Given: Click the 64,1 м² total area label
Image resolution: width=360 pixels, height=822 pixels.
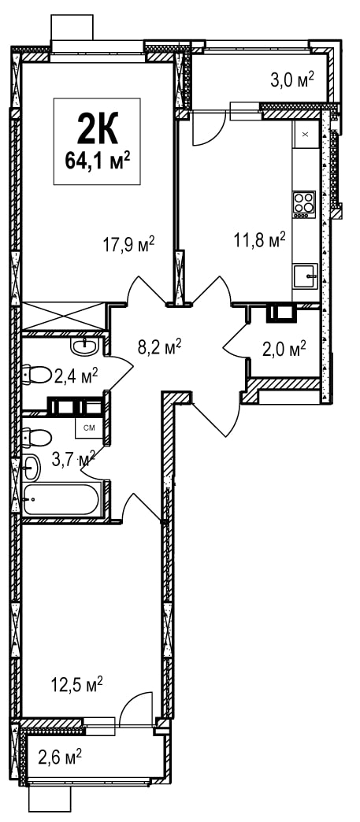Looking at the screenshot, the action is point(98,159).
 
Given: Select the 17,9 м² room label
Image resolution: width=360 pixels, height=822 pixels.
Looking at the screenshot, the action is point(129,243).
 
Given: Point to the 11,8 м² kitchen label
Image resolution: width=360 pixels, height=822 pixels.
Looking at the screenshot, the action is point(260,240).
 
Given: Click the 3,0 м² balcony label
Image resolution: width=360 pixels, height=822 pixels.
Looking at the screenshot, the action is point(292,81).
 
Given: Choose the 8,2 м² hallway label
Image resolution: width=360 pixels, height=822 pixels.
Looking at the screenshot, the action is point(160,346).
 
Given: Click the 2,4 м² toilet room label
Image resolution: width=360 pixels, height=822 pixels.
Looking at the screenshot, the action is point(76,376).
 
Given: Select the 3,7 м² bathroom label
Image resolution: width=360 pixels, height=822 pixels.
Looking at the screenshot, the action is point(73,460).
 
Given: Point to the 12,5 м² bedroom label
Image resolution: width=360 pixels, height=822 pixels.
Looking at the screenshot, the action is point(76,684).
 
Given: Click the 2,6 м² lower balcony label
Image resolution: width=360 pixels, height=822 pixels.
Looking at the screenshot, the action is point(60,757).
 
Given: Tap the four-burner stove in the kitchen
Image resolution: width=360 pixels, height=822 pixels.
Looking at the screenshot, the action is point(304,205).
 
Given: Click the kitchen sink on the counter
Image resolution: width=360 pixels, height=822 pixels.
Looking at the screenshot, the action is point(306,276).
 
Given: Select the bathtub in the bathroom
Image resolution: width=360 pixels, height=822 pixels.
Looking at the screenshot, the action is point(61,499).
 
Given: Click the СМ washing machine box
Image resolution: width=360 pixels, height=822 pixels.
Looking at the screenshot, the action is point(89,428).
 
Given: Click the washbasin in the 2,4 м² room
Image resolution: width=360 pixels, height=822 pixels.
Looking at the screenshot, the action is point(84,346).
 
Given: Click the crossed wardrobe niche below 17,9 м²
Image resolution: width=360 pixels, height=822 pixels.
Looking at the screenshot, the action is point(64,316).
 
